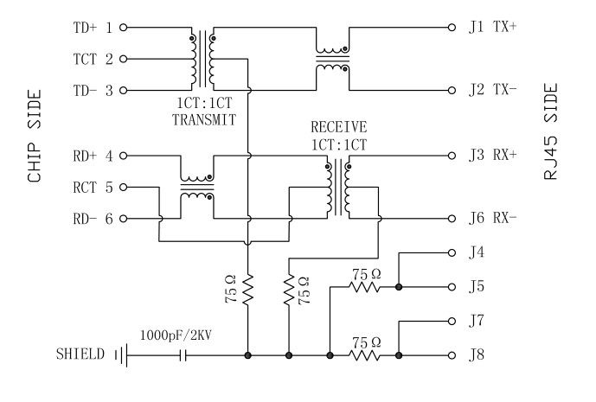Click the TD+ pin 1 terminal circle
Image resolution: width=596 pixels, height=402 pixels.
123,28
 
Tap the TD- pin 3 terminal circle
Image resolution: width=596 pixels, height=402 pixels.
123,91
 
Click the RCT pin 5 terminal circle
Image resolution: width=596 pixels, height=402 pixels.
123,188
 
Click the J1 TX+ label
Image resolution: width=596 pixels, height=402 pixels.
490,28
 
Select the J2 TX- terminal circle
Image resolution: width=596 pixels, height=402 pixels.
452,91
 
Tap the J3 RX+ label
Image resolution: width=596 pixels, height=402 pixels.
490,156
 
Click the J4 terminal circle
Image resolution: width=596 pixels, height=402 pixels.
452,253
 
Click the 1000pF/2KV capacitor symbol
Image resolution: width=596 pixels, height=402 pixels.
183,355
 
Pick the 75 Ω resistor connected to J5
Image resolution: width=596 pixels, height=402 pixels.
364,286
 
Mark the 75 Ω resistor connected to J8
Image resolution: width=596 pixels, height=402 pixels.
364,355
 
